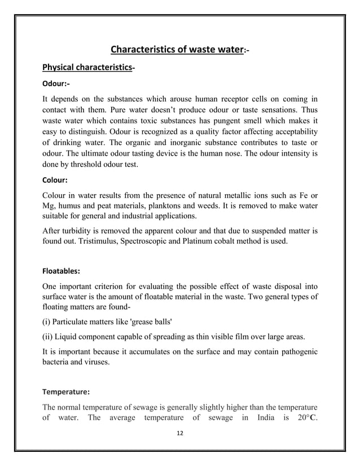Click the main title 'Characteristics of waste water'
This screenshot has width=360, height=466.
(176, 50)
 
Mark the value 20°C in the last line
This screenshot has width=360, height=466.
(304, 418)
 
